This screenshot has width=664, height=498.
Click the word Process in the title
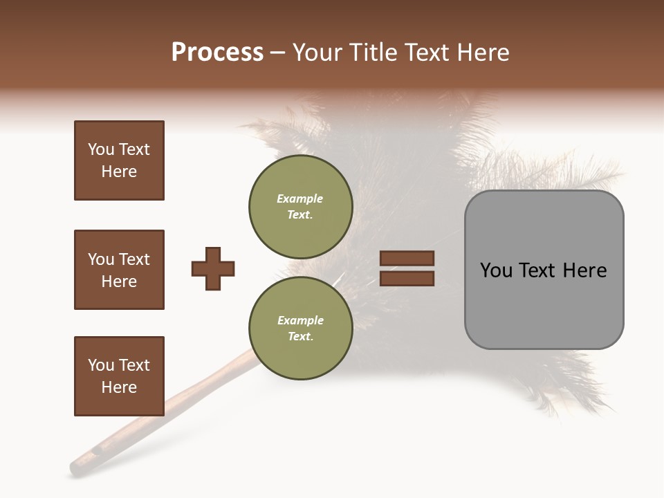[217, 53]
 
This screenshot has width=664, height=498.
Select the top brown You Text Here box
[119, 160]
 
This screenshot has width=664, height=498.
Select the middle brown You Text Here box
[119, 270]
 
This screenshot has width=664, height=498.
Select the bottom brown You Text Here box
[119, 376]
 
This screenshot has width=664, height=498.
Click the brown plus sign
[213, 268]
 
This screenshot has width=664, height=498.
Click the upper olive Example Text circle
[300, 207]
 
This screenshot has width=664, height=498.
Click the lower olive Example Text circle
[300, 328]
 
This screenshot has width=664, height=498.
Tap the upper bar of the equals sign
[407, 259]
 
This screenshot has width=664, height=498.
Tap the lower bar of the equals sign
[407, 278]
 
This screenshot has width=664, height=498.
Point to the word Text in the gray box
[539, 270]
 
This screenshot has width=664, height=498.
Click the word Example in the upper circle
[300, 199]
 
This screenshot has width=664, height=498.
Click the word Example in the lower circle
[300, 320]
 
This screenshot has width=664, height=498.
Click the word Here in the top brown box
[119, 172]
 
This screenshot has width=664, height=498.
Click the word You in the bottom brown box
[101, 365]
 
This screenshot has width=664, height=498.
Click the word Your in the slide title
[317, 53]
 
